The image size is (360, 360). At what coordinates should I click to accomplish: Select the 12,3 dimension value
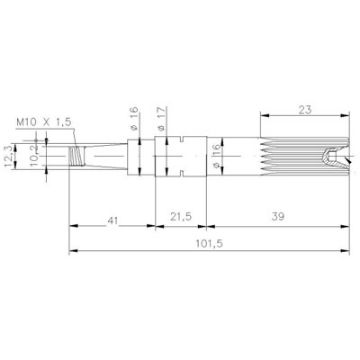tap(9, 156)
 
